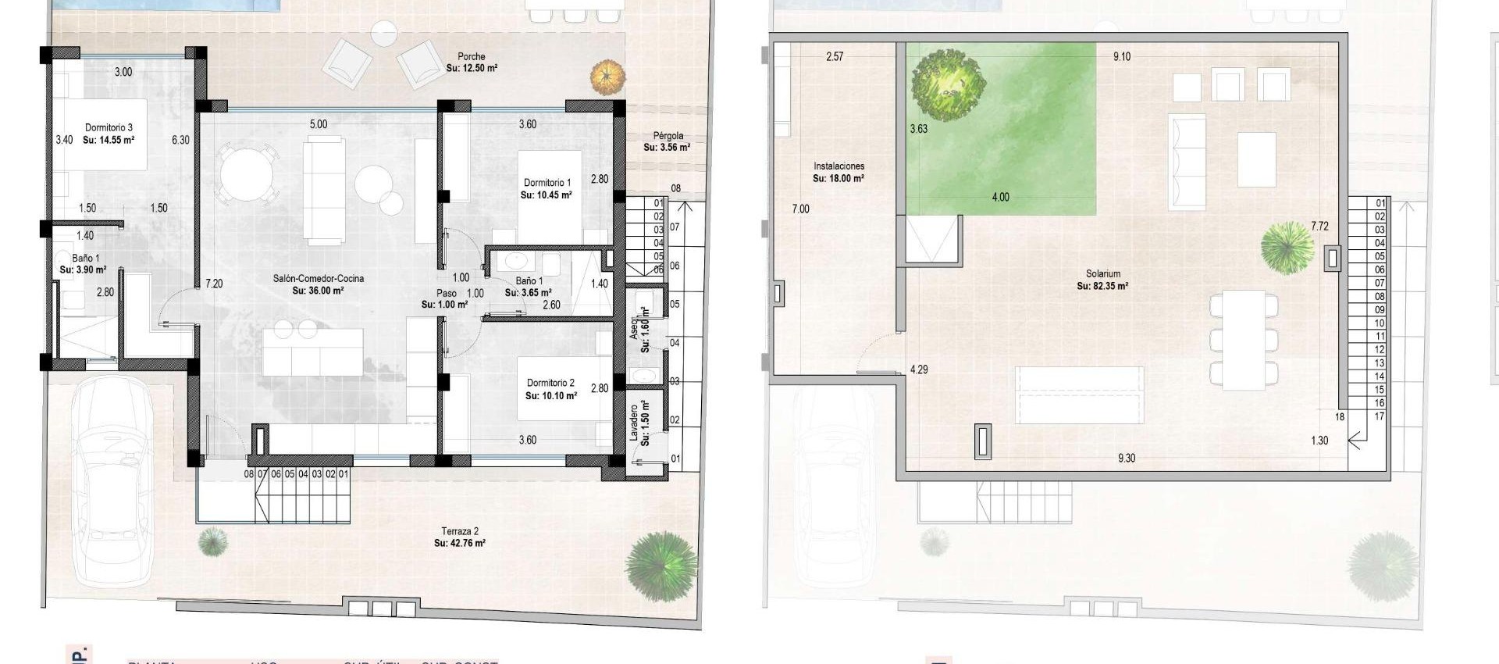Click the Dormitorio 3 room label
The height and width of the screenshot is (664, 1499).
point(109,134)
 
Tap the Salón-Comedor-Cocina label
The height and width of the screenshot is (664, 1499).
point(318,284)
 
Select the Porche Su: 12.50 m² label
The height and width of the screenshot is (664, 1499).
point(472,62)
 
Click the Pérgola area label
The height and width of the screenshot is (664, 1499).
point(668,141)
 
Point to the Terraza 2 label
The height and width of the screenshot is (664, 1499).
point(460,537)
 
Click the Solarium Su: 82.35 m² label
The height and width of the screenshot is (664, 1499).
point(1102,280)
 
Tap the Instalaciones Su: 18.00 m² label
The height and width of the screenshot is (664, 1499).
point(839,172)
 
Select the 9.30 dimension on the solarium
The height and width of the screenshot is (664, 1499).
point(1126,459)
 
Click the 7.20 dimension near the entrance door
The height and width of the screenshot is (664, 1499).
point(214,284)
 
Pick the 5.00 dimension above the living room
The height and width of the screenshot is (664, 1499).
point(319,124)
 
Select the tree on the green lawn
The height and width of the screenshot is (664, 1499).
point(948,84)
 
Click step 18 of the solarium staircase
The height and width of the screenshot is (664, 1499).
point(1340,417)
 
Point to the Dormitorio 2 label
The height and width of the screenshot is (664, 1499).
point(550,389)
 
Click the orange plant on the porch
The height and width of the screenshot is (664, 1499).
point(608,77)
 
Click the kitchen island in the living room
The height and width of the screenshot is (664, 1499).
point(313,352)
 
